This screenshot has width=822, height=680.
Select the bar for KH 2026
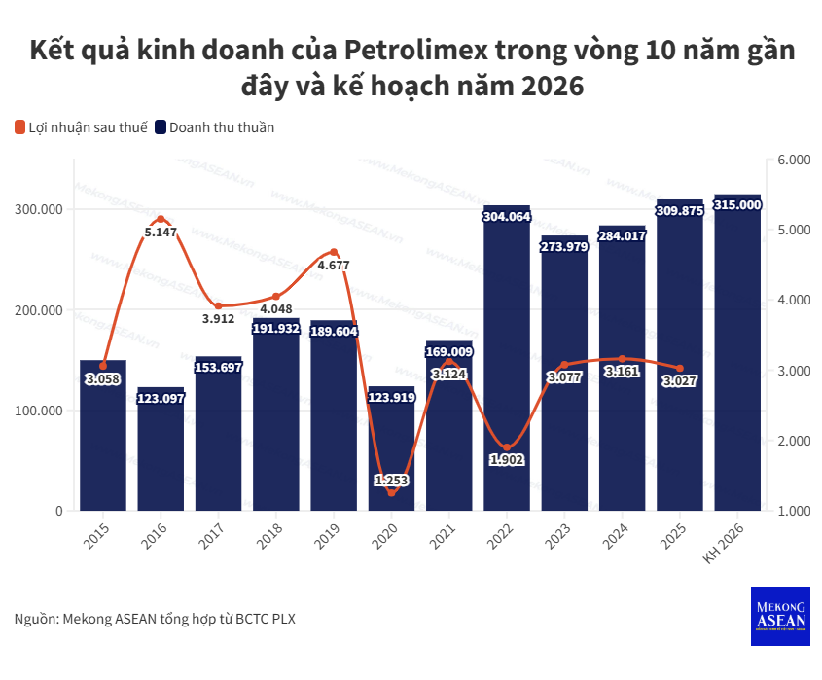737,360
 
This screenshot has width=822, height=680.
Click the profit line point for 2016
161,219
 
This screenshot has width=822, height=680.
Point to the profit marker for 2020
392,492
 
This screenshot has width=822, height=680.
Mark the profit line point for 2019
334,252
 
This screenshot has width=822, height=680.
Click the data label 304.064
507,217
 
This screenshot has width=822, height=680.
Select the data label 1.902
507,460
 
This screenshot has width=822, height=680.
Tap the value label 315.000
737,205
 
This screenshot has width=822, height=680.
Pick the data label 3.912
219,318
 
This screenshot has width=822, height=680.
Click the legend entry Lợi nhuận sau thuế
81,127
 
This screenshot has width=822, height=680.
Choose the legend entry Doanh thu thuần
215,127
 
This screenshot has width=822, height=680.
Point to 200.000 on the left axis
38,310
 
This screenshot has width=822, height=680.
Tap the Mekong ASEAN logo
780,616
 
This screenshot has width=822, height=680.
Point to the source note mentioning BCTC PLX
155,619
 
